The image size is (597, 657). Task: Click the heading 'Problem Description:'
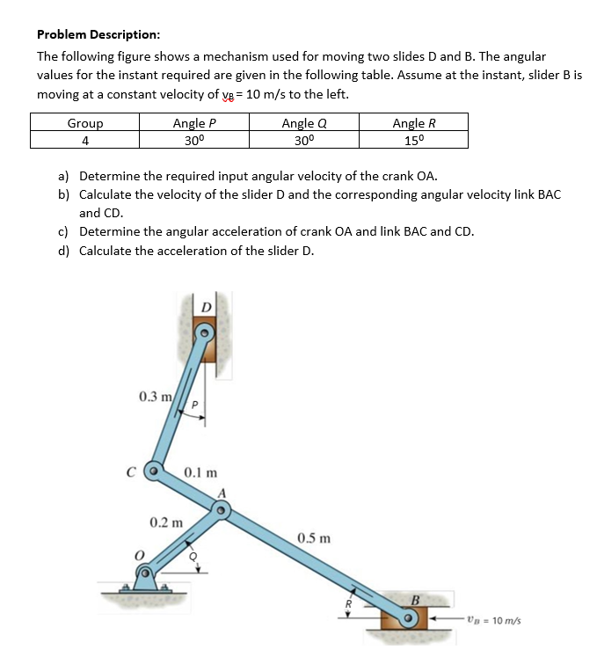(98, 34)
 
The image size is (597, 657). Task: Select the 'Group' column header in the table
(85, 123)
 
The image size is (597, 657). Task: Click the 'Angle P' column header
(194, 123)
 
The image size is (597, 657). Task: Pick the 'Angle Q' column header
(303, 123)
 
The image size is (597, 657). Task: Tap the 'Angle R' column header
(413, 123)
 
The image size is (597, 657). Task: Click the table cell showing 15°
(413, 139)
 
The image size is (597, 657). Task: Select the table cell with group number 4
(85, 139)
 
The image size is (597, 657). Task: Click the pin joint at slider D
(204, 333)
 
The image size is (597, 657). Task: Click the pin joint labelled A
(222, 508)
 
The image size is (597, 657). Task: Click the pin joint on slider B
(408, 618)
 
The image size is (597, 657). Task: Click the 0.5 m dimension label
(314, 537)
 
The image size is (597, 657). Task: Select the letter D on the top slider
(205, 306)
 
